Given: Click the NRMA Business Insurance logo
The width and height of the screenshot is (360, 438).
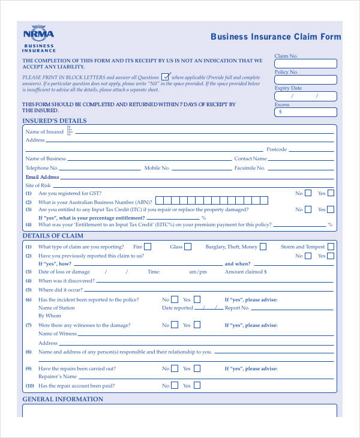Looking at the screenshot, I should point(38,39).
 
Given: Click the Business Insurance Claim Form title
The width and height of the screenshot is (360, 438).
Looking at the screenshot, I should point(275,37).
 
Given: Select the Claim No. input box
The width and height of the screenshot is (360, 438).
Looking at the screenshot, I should point(305,64).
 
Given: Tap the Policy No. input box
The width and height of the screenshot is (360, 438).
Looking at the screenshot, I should point(305,80).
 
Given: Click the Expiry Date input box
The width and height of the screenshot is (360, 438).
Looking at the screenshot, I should point(305,96).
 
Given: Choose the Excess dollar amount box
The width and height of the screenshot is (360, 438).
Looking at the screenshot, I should point(305,112).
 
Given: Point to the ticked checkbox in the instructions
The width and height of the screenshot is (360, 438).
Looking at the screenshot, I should point(165,77).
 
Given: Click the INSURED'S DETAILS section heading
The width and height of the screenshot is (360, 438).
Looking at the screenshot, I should point(54,121).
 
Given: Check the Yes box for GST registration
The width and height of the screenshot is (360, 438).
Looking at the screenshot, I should point(331,193).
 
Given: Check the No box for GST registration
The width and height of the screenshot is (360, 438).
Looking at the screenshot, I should point(308,193).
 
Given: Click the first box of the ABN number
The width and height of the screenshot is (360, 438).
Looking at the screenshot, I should point(159,201).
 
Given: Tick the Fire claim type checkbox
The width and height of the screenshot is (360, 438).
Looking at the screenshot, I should point(148,247).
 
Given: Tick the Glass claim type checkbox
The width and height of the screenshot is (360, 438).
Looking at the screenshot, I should point(188,247).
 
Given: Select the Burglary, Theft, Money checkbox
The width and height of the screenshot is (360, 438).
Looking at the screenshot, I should point(263,247).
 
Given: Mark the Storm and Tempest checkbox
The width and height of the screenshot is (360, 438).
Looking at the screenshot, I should point(331,247).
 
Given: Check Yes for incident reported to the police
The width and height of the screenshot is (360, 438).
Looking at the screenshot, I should point(196,299).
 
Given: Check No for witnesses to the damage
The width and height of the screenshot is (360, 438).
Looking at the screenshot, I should point(175,325).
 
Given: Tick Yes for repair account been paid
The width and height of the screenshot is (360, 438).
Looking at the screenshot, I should point(196,386).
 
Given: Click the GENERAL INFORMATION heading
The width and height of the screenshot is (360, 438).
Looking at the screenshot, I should point(62,399).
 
